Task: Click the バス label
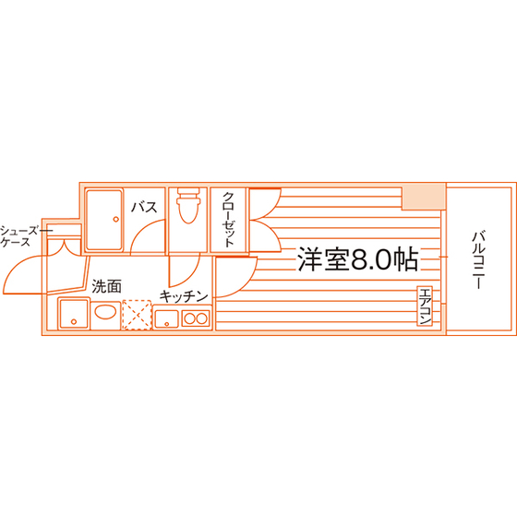[x=144, y=208]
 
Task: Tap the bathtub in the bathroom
[x=104, y=220]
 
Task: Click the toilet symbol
[x=188, y=205]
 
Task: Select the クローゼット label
[x=229, y=220]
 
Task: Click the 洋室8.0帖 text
[x=358, y=259]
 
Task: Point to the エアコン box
[x=425, y=307]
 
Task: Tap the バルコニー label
[x=478, y=260]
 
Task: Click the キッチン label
[x=184, y=296]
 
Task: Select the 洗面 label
[x=106, y=286]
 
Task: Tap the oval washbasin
[x=105, y=312]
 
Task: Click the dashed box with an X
[x=137, y=315]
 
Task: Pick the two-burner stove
[x=196, y=319]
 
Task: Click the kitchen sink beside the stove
[x=166, y=319]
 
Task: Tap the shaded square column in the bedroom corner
[x=424, y=198]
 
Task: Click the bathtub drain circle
[x=115, y=220]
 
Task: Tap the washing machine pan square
[x=74, y=313]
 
